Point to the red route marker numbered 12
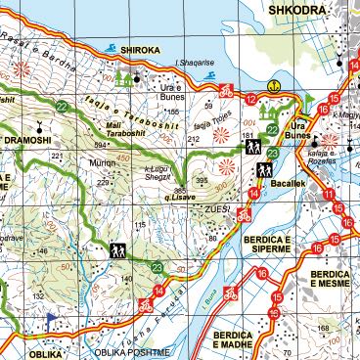click(251, 100)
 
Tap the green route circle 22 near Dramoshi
click(62, 107)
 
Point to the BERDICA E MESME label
click(331, 279)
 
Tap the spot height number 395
click(202, 181)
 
